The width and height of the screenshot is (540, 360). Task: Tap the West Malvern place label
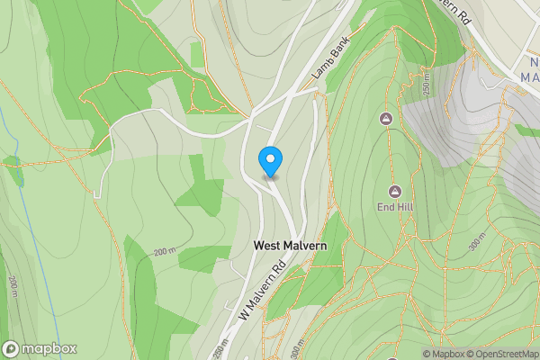(x=289, y=245)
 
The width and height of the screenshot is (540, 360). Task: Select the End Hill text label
(x=394, y=207)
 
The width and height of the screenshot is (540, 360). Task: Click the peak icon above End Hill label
(x=394, y=190)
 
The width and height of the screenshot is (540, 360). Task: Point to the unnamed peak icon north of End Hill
(x=387, y=119)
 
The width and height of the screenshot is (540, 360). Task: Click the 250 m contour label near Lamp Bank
(x=426, y=86)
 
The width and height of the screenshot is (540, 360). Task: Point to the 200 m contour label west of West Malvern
(x=164, y=251)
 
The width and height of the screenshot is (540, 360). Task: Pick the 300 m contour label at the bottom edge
(x=296, y=347)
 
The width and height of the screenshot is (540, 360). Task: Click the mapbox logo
(x=40, y=348)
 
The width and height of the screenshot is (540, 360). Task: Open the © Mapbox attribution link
(x=442, y=354)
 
